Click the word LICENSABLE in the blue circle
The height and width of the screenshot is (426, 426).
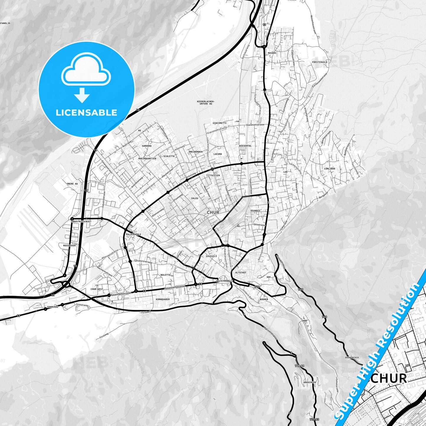[x=86, y=113]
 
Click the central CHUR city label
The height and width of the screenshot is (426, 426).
[x=213, y=212]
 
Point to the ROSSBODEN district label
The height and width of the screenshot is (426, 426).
[x=70, y=246]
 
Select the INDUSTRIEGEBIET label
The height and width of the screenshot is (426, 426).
[x=81, y=221]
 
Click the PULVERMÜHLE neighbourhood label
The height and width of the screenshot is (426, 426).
[x=134, y=234]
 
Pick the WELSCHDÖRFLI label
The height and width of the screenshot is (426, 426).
[x=225, y=281]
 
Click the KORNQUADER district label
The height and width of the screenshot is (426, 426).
[x=163, y=299]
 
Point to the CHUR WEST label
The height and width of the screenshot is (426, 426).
[x=97, y=289]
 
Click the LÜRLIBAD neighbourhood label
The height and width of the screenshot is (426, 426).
[x=329, y=169]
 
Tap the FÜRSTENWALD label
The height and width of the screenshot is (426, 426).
[x=320, y=62]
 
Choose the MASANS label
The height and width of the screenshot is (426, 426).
[x=272, y=53]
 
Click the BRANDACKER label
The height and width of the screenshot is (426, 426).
[x=352, y=358]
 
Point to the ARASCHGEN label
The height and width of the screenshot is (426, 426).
[x=310, y=382]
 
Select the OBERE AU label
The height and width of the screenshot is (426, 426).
[x=72, y=184]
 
